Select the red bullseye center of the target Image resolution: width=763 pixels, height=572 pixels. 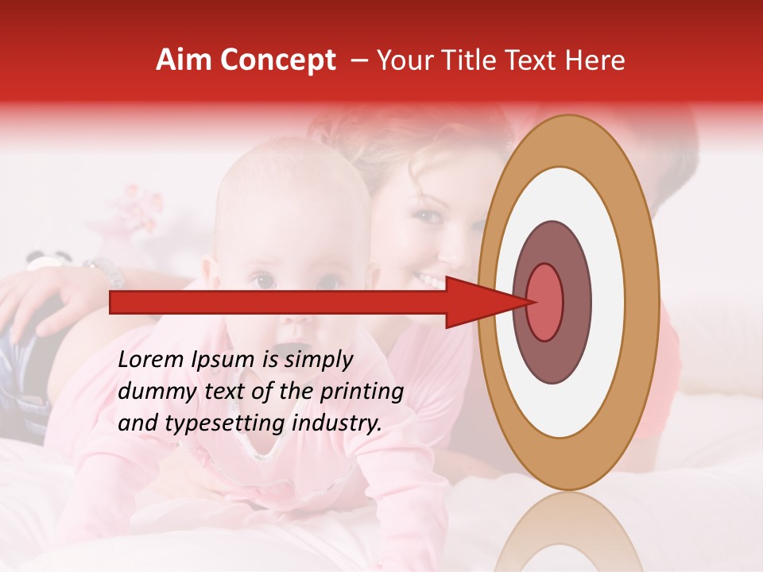pos(545,302)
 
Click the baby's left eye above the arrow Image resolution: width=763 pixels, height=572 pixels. pos(261,280)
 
